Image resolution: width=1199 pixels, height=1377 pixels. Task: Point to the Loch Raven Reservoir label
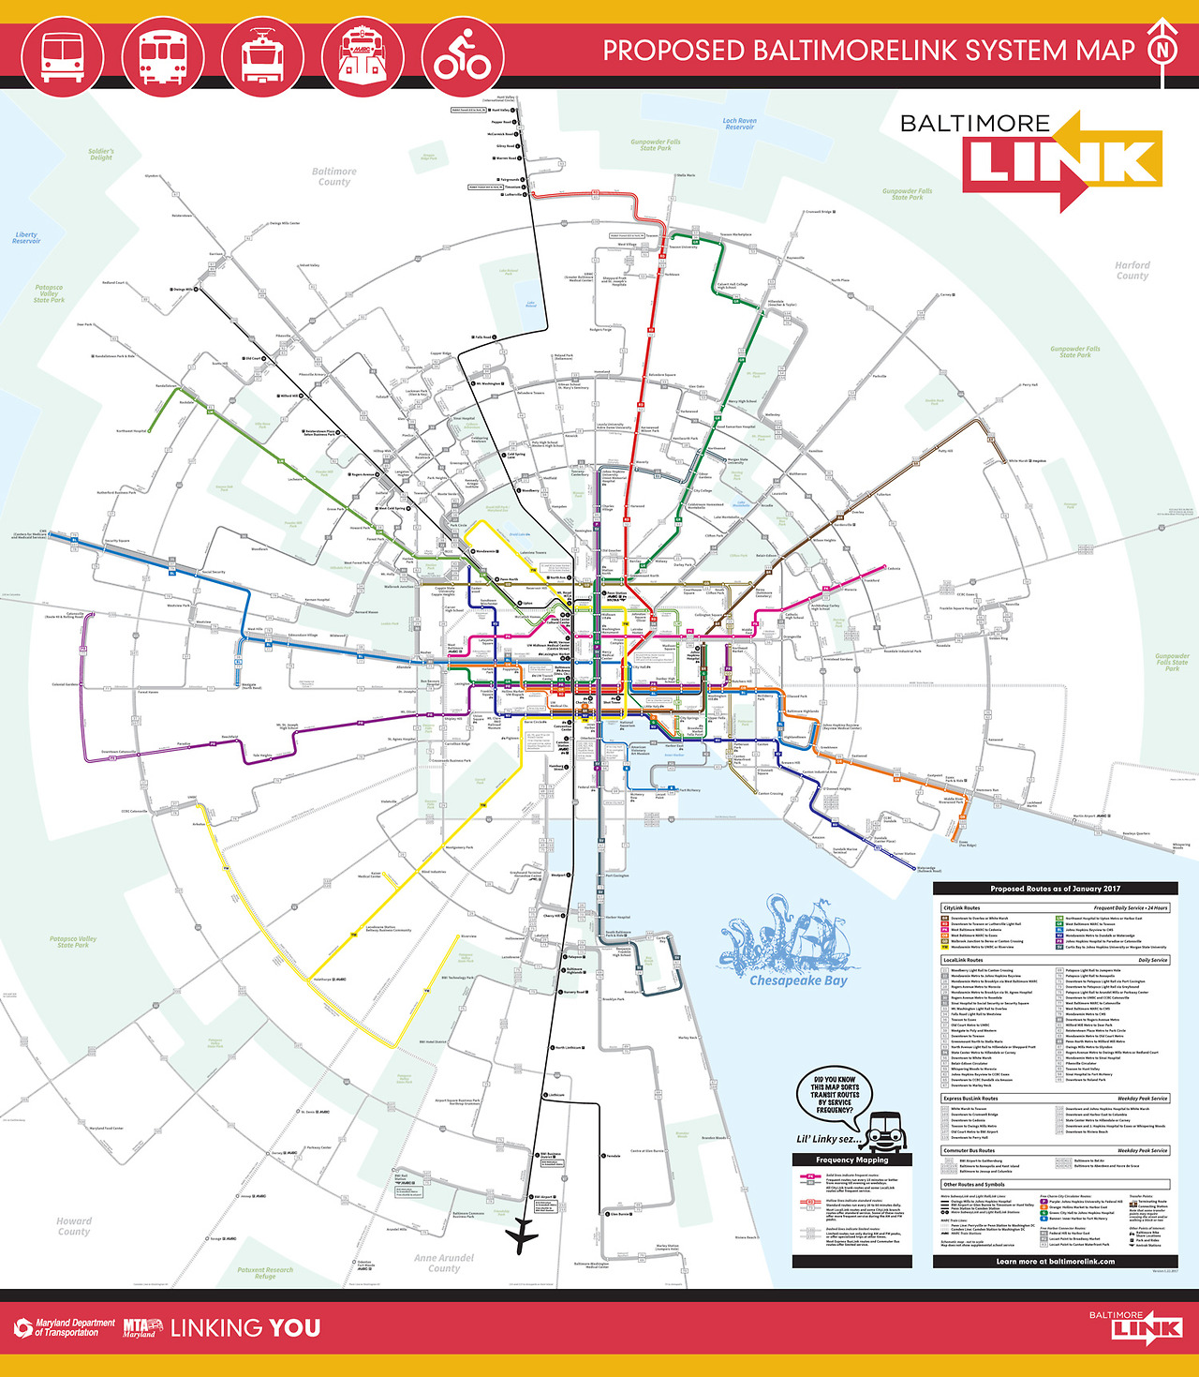coord(739,124)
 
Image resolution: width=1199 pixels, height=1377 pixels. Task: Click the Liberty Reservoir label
coord(26,238)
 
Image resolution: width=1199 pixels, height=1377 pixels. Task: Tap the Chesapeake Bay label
coord(798,980)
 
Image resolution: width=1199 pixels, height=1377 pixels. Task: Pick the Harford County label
coord(1132,271)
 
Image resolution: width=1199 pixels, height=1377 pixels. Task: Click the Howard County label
coord(74,1226)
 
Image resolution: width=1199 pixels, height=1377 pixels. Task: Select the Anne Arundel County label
coord(444,1263)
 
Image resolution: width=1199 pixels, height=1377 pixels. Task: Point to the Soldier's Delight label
coord(101,155)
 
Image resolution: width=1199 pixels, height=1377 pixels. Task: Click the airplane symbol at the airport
coord(522,1236)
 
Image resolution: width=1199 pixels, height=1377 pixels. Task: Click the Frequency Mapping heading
coord(852,1160)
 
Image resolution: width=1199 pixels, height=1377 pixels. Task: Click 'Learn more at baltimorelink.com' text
coord(1055,1261)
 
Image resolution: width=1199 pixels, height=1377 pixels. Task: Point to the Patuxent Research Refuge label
coord(265,1273)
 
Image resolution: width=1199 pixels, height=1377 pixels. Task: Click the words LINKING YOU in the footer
coord(245,1327)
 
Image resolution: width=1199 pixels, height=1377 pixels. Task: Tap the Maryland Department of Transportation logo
coord(66,1327)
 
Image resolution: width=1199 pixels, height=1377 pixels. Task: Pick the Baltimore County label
coord(333,177)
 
